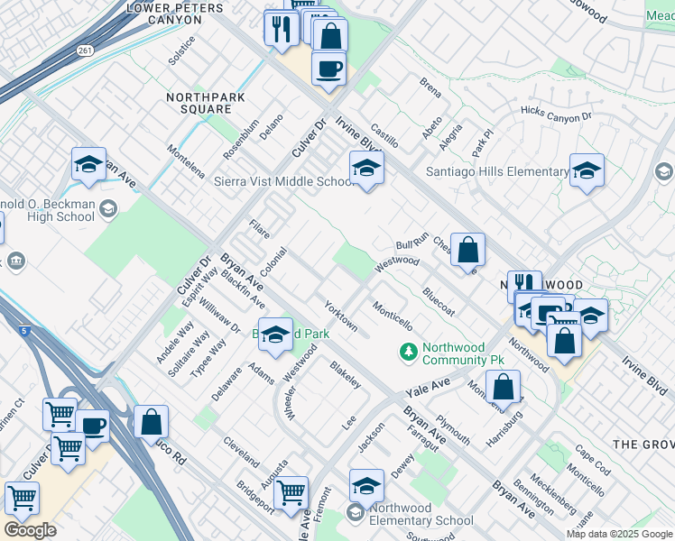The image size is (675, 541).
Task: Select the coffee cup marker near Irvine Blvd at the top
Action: (x=328, y=69)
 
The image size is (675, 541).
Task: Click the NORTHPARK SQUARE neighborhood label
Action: (x=199, y=102)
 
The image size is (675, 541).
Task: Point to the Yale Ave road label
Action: (x=428, y=385)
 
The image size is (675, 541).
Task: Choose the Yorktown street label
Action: (x=340, y=316)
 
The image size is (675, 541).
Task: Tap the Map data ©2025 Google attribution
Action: (x=618, y=534)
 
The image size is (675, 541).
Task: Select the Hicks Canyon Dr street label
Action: (x=555, y=115)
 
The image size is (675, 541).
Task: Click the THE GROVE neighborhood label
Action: (x=643, y=445)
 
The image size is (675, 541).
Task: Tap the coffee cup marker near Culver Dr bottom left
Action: (x=92, y=426)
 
